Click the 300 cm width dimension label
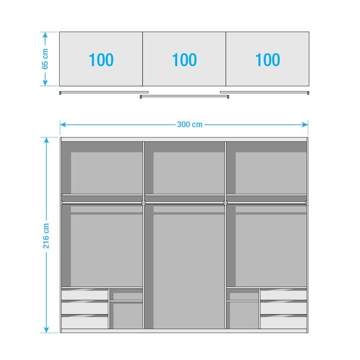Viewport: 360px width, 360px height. (x=190, y=125)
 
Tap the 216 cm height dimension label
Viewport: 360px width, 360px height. (x=46, y=236)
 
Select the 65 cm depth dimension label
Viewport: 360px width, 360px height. (x=45, y=59)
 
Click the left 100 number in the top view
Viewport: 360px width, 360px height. (x=101, y=60)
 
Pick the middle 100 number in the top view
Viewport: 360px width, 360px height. (x=184, y=60)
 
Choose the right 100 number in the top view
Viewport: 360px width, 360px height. (x=268, y=60)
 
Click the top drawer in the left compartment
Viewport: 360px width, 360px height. (x=85, y=295)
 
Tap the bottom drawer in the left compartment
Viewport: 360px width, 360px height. (x=85, y=323)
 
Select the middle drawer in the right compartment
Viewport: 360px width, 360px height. (x=284, y=308)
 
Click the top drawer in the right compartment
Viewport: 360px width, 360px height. (x=284, y=295)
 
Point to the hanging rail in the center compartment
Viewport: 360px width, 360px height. (x=184, y=203)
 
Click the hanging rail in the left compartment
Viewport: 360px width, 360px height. (x=102, y=203)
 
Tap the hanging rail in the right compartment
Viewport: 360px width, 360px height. (x=267, y=203)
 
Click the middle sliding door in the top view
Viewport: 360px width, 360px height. (x=184, y=96)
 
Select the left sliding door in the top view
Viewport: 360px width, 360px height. (x=104, y=92)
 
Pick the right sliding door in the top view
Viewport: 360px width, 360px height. (x=265, y=92)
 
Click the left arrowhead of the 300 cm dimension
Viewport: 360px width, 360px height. (x=63, y=125)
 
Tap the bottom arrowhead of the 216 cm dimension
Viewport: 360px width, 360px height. (x=46, y=330)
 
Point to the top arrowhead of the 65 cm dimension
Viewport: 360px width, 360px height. (x=45, y=35)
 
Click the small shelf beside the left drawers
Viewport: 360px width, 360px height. (x=126, y=301)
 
